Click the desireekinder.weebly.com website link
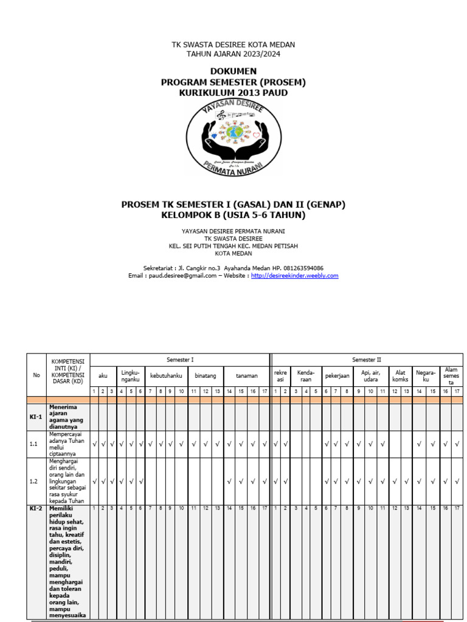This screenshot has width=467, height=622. (x=294, y=276)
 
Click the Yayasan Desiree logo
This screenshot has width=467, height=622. (x=233, y=137)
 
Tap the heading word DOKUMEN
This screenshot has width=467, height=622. (x=233, y=71)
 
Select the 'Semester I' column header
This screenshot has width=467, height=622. (x=180, y=360)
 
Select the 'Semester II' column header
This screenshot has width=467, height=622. (x=366, y=360)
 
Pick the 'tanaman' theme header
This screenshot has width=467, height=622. (x=247, y=376)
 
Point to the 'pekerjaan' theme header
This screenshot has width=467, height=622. (x=337, y=376)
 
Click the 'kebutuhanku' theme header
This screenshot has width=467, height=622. (x=166, y=376)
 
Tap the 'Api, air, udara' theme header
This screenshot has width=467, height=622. (x=370, y=376)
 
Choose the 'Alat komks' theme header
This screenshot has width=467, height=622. (x=400, y=376)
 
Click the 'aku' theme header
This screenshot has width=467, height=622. (x=103, y=376)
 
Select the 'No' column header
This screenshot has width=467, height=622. (x=36, y=375)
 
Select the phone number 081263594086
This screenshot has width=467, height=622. (x=302, y=268)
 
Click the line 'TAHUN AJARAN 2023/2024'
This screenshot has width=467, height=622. (x=233, y=54)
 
